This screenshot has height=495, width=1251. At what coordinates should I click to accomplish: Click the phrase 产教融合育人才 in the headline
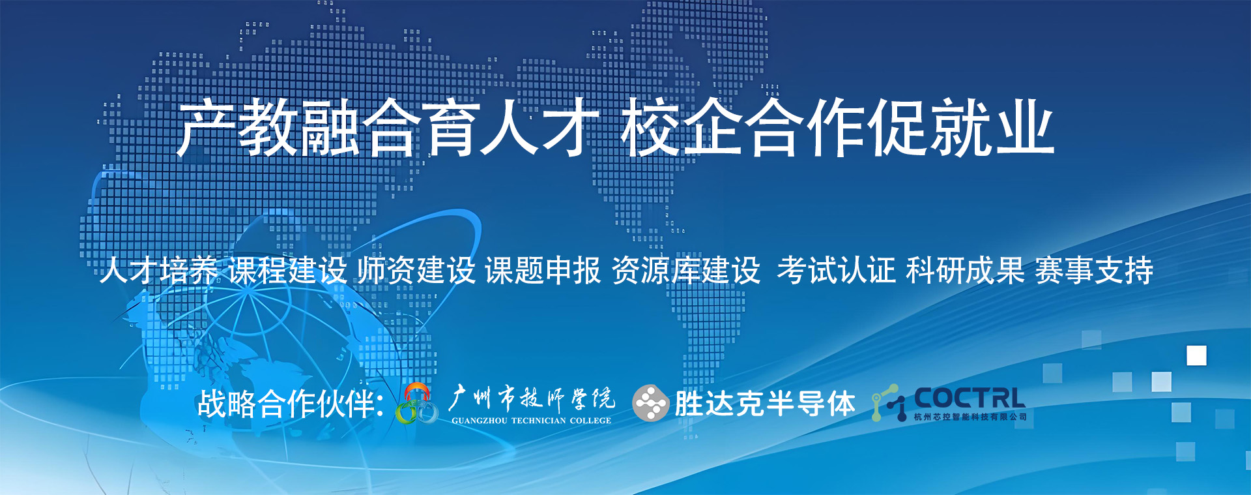(x=388, y=128)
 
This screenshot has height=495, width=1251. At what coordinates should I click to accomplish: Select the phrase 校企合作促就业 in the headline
(x=837, y=128)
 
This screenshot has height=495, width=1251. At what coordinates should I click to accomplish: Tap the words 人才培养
(x=159, y=270)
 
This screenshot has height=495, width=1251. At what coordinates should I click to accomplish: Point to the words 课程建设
(x=287, y=270)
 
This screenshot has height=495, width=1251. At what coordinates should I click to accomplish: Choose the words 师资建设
(x=416, y=270)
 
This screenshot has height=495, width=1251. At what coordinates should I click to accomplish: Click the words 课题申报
(x=543, y=270)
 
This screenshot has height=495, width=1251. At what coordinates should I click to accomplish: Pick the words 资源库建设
(x=686, y=270)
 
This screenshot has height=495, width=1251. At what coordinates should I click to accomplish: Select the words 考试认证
(x=837, y=270)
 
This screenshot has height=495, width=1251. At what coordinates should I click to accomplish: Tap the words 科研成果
(x=965, y=270)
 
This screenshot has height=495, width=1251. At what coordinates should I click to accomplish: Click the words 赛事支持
(x=1094, y=270)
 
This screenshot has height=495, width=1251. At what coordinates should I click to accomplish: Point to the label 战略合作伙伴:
(x=291, y=404)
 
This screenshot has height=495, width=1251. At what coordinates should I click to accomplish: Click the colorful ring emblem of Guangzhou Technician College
(x=417, y=404)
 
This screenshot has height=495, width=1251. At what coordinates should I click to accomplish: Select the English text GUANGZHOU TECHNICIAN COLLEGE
(x=532, y=421)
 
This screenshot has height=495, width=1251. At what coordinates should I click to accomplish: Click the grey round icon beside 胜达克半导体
(x=650, y=404)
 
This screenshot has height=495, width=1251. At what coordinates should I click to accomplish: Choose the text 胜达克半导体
(x=765, y=404)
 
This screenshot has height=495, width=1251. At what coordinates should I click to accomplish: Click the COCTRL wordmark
(x=970, y=398)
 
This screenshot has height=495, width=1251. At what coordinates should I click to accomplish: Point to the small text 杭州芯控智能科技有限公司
(x=970, y=417)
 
